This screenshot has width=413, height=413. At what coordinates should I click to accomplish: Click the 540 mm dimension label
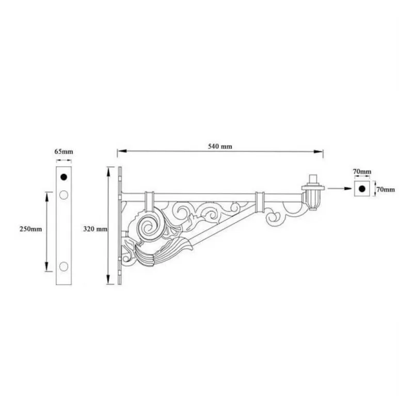coord(219,146)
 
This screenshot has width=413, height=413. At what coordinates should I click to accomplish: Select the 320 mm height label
coord(94,228)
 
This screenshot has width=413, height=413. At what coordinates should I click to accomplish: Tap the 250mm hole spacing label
coord(28,228)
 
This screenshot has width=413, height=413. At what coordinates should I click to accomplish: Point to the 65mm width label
coord(64,152)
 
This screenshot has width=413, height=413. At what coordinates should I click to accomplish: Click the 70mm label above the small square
coord(362,171)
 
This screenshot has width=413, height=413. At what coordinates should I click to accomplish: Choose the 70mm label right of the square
coord(385,189)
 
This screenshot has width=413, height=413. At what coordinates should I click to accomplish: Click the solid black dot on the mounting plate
coord(64,177)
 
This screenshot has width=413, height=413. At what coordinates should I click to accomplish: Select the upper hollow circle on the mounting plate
coord(64,195)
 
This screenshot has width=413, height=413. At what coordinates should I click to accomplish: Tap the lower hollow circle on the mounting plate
coord(64,266)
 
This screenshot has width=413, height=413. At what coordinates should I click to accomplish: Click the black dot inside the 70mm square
coord(362,189)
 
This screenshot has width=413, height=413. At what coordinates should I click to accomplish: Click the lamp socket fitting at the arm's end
coord(312,193)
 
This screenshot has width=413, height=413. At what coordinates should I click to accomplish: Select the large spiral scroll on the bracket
coord(148,226)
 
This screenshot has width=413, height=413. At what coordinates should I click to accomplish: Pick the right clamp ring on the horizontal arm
coord(259,200)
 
